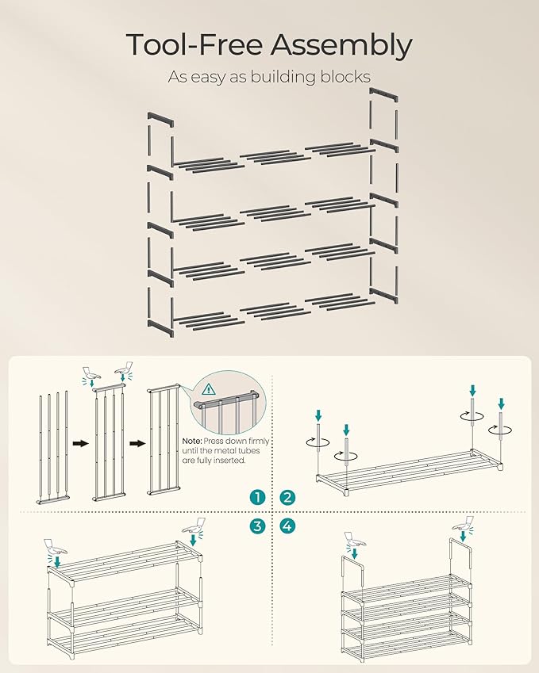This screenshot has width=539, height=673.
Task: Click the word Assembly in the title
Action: [341, 46]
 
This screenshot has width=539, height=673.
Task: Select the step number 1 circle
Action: [256, 497]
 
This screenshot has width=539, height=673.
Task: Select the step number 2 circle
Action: [287, 497]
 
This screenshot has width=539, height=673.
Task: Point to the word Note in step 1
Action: [192, 441]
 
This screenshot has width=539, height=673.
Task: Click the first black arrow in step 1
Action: [80, 444]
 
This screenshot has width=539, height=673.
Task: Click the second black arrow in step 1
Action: [135, 444]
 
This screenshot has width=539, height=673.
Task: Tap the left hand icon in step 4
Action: [356, 540]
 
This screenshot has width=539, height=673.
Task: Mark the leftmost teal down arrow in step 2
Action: [318, 415]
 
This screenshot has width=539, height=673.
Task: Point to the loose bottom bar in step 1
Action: [52, 499]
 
